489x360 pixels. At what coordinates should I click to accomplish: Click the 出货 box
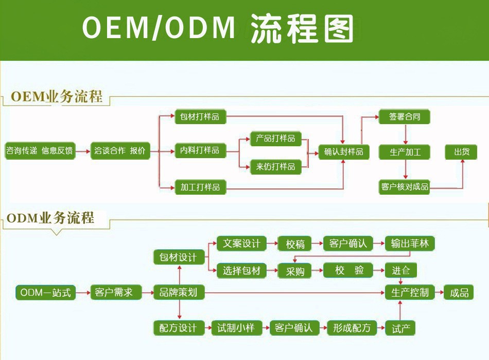461,152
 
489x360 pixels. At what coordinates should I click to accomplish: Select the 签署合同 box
404,117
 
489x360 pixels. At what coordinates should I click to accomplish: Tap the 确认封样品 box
344,152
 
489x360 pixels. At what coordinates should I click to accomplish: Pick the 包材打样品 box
200,117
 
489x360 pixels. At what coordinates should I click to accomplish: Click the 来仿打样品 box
275,167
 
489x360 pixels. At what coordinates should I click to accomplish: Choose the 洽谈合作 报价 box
120,151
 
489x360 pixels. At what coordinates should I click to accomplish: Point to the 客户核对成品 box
404,186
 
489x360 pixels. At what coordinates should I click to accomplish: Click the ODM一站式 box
45,293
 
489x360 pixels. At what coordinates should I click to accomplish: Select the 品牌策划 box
179,293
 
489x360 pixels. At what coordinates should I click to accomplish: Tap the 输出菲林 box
410,244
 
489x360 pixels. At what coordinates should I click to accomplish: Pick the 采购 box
295,271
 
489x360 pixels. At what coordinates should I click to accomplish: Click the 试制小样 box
236,328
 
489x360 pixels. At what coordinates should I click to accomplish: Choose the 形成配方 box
352,328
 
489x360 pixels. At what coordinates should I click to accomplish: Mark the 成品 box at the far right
460,293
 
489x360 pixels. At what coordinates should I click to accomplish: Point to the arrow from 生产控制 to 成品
439,293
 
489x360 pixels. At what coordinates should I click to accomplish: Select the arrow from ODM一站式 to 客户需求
83,293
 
